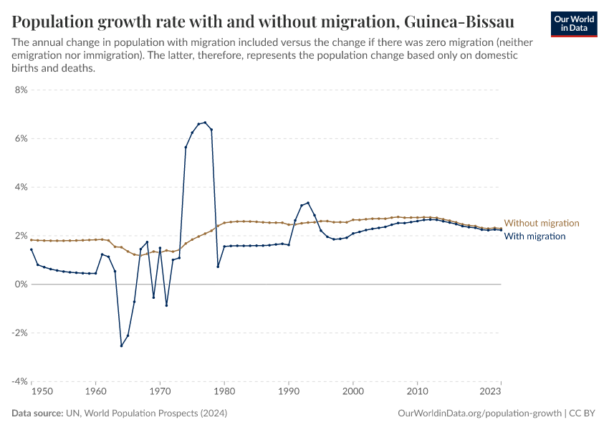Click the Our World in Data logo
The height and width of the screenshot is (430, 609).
tap(573, 23)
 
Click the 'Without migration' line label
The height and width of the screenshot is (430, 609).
tap(541, 224)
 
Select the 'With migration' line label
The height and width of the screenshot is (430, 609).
tap(534, 236)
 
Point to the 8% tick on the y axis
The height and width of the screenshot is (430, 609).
tap(20, 90)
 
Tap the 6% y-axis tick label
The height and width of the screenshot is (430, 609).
tap(20, 139)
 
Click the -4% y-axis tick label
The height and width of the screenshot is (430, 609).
tap(19, 382)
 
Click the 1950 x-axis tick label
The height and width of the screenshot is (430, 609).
tap(42, 392)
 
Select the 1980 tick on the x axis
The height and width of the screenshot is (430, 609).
tap(224, 392)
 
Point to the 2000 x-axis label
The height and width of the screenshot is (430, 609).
tap(353, 392)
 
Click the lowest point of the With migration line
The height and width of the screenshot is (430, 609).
tap(121, 346)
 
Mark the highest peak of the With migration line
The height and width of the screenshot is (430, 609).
tap(205, 123)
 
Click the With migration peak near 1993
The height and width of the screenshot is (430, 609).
tap(308, 203)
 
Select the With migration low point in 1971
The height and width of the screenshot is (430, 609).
tap(166, 305)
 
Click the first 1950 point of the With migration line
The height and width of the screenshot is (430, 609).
tap(32, 249)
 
